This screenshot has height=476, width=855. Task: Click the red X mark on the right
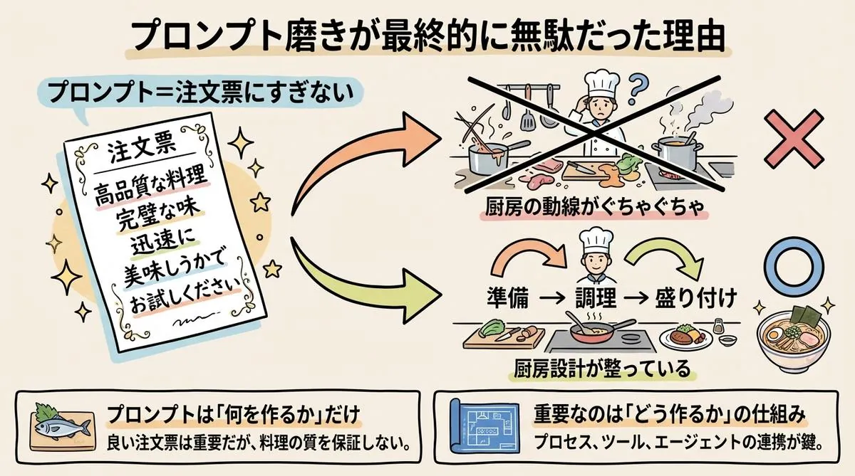coord(793,139)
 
